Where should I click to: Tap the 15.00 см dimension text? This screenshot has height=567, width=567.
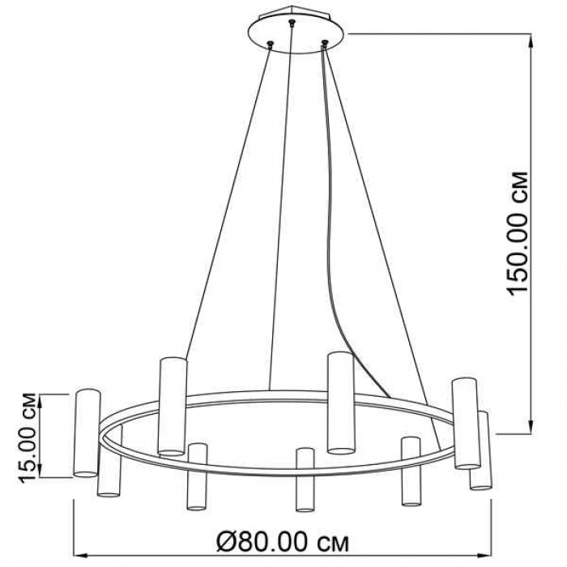coord(27,437)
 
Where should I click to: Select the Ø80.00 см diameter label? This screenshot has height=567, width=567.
coord(283,541)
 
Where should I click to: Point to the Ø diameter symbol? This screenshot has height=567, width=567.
coord(227,541)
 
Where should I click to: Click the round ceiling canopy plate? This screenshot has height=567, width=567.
coord(296,35)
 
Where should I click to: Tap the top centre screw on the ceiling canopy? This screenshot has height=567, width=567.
coord(292,23)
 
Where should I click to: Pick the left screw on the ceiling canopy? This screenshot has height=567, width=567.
coord(270,44)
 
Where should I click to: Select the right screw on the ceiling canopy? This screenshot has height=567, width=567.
coord(325,43)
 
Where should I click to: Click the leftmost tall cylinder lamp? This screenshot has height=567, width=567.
coord(87,433)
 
